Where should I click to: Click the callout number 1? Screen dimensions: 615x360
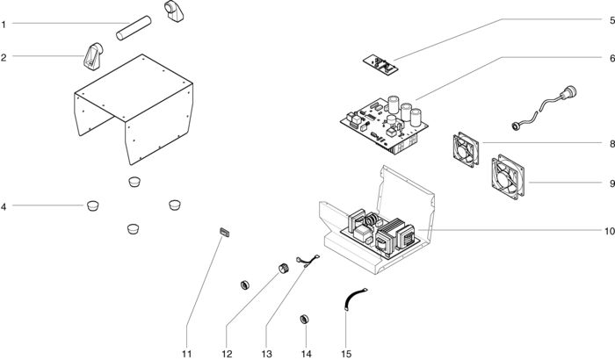4,25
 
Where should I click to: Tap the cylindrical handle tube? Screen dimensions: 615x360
134,27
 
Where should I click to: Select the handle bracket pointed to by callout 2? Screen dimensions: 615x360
93,56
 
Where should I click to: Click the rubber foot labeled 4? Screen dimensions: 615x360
92,205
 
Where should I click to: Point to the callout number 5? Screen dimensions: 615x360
611,20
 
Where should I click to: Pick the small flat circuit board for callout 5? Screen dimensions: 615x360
380,65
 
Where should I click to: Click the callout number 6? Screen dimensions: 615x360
611,59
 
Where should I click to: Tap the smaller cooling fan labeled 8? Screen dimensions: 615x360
466,149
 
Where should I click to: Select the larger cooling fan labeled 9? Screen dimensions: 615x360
508,176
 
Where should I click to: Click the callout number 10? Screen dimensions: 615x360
609,232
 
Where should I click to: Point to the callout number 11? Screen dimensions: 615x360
186,354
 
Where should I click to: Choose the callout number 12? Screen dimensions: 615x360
227,354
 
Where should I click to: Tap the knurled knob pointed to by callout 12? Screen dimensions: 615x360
284,269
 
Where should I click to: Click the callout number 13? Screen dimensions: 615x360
267,354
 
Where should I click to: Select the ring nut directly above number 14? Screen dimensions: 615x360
304,320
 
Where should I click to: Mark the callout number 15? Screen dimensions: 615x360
346,354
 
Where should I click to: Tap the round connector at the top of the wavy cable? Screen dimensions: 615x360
568,93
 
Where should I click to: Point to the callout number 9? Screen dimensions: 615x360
611,184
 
